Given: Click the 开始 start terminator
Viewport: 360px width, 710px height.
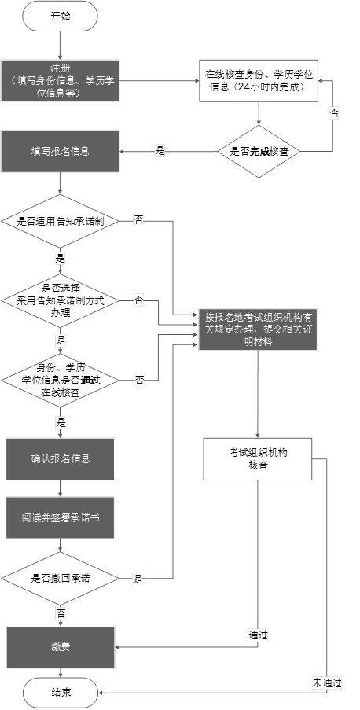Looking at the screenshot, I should click(60, 16).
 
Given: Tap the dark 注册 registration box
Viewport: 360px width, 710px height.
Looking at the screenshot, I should click(60, 80).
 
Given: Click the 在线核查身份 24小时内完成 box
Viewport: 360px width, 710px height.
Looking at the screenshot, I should click(259, 79).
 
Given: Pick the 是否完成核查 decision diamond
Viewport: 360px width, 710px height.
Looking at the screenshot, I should click(259, 151).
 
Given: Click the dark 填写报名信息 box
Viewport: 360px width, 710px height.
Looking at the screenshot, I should click(60, 151).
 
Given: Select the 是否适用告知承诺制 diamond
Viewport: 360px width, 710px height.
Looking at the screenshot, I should click(60, 222).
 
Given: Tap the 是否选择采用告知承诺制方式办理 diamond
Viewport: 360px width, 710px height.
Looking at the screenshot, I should click(60, 300).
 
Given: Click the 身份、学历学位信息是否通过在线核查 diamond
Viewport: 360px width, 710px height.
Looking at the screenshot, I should click(60, 380).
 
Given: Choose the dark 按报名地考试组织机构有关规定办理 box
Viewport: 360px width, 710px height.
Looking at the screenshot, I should click(259, 324).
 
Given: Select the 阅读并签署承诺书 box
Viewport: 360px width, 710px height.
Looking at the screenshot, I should click(60, 519).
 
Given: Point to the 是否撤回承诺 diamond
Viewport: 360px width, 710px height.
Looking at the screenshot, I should click(60, 578).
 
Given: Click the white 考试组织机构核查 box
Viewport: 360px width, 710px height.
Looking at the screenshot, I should click(259, 459).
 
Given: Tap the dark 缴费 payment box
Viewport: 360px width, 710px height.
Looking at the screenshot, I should click(60, 646).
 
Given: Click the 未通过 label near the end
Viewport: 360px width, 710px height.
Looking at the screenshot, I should click(327, 682).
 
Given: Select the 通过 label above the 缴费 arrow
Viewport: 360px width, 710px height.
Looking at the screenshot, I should click(259, 634).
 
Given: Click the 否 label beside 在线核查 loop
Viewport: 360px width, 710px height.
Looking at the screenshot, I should click(335, 112).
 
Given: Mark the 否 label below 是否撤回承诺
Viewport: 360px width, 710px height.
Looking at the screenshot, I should click(61, 612).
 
